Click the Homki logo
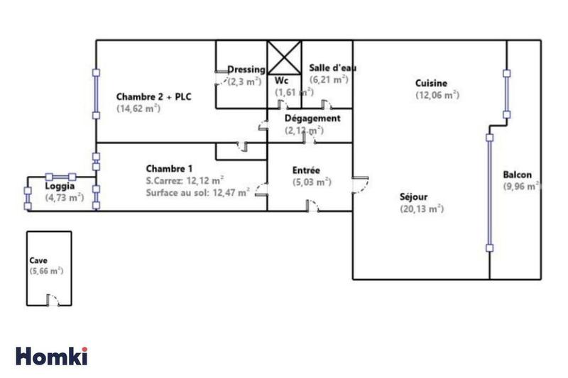[52, 355]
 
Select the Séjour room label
[415, 196]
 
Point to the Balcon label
[517, 175]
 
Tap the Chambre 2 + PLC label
[154, 96]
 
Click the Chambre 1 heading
[169, 168]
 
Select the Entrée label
[307, 170]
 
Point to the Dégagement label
[312, 118]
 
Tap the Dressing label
[246, 70]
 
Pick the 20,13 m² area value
[421, 209]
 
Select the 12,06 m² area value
[437, 95]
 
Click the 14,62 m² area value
[138, 109]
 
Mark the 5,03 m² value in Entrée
[312, 182]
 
